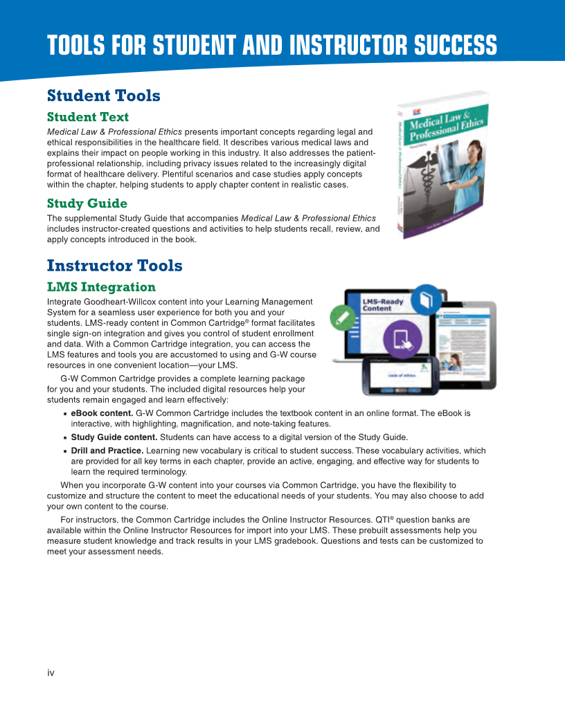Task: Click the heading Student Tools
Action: (103, 96)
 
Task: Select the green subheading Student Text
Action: (88, 117)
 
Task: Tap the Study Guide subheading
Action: (87, 203)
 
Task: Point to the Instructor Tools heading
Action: (114, 266)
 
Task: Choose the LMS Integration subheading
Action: (101, 287)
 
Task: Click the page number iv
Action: (51, 673)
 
